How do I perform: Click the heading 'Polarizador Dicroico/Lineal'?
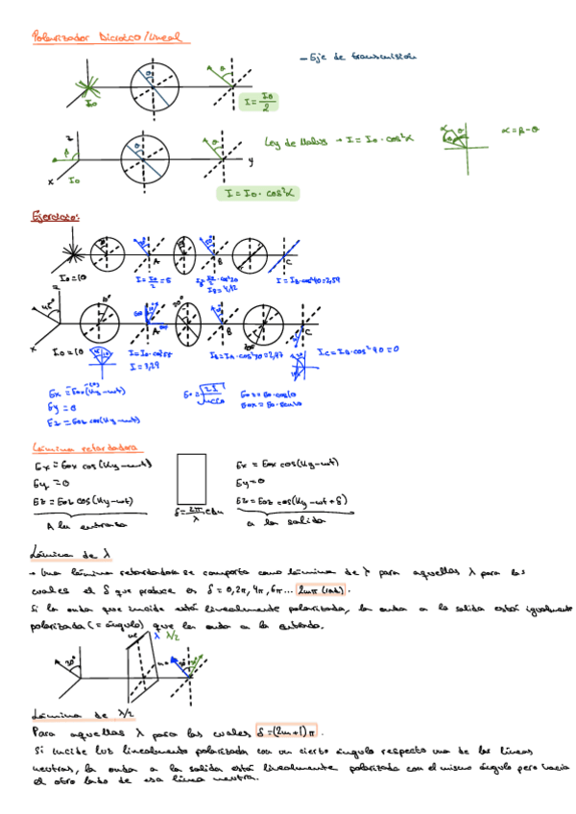point(111,38)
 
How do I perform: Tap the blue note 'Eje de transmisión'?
point(357,57)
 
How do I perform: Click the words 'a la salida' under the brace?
point(286,523)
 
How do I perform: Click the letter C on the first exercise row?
point(288,262)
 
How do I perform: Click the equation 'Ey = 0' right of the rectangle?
point(251,482)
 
